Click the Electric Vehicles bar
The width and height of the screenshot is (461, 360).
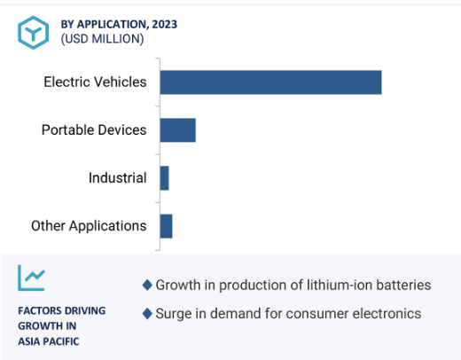(x=270, y=82)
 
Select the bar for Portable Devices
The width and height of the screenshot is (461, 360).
(x=178, y=130)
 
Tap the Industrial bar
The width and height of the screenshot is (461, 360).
(x=165, y=178)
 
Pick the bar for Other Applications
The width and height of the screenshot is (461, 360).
(x=167, y=226)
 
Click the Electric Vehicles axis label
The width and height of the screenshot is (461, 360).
(x=95, y=82)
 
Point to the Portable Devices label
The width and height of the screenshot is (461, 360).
(x=94, y=129)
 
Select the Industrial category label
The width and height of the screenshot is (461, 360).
(x=118, y=177)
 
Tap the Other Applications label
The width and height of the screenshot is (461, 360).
(x=89, y=226)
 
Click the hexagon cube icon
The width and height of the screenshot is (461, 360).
(x=33, y=33)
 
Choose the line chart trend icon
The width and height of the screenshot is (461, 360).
(x=31, y=278)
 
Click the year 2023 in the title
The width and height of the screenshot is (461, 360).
(x=165, y=24)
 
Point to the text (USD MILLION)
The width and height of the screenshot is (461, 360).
(x=102, y=39)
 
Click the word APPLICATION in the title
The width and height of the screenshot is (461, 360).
(x=113, y=25)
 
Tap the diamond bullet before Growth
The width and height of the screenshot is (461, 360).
(x=147, y=285)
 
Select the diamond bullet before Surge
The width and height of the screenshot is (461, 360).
(x=147, y=314)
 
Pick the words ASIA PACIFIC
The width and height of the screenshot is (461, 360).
(x=49, y=341)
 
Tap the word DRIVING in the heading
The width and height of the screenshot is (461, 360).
(x=85, y=310)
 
